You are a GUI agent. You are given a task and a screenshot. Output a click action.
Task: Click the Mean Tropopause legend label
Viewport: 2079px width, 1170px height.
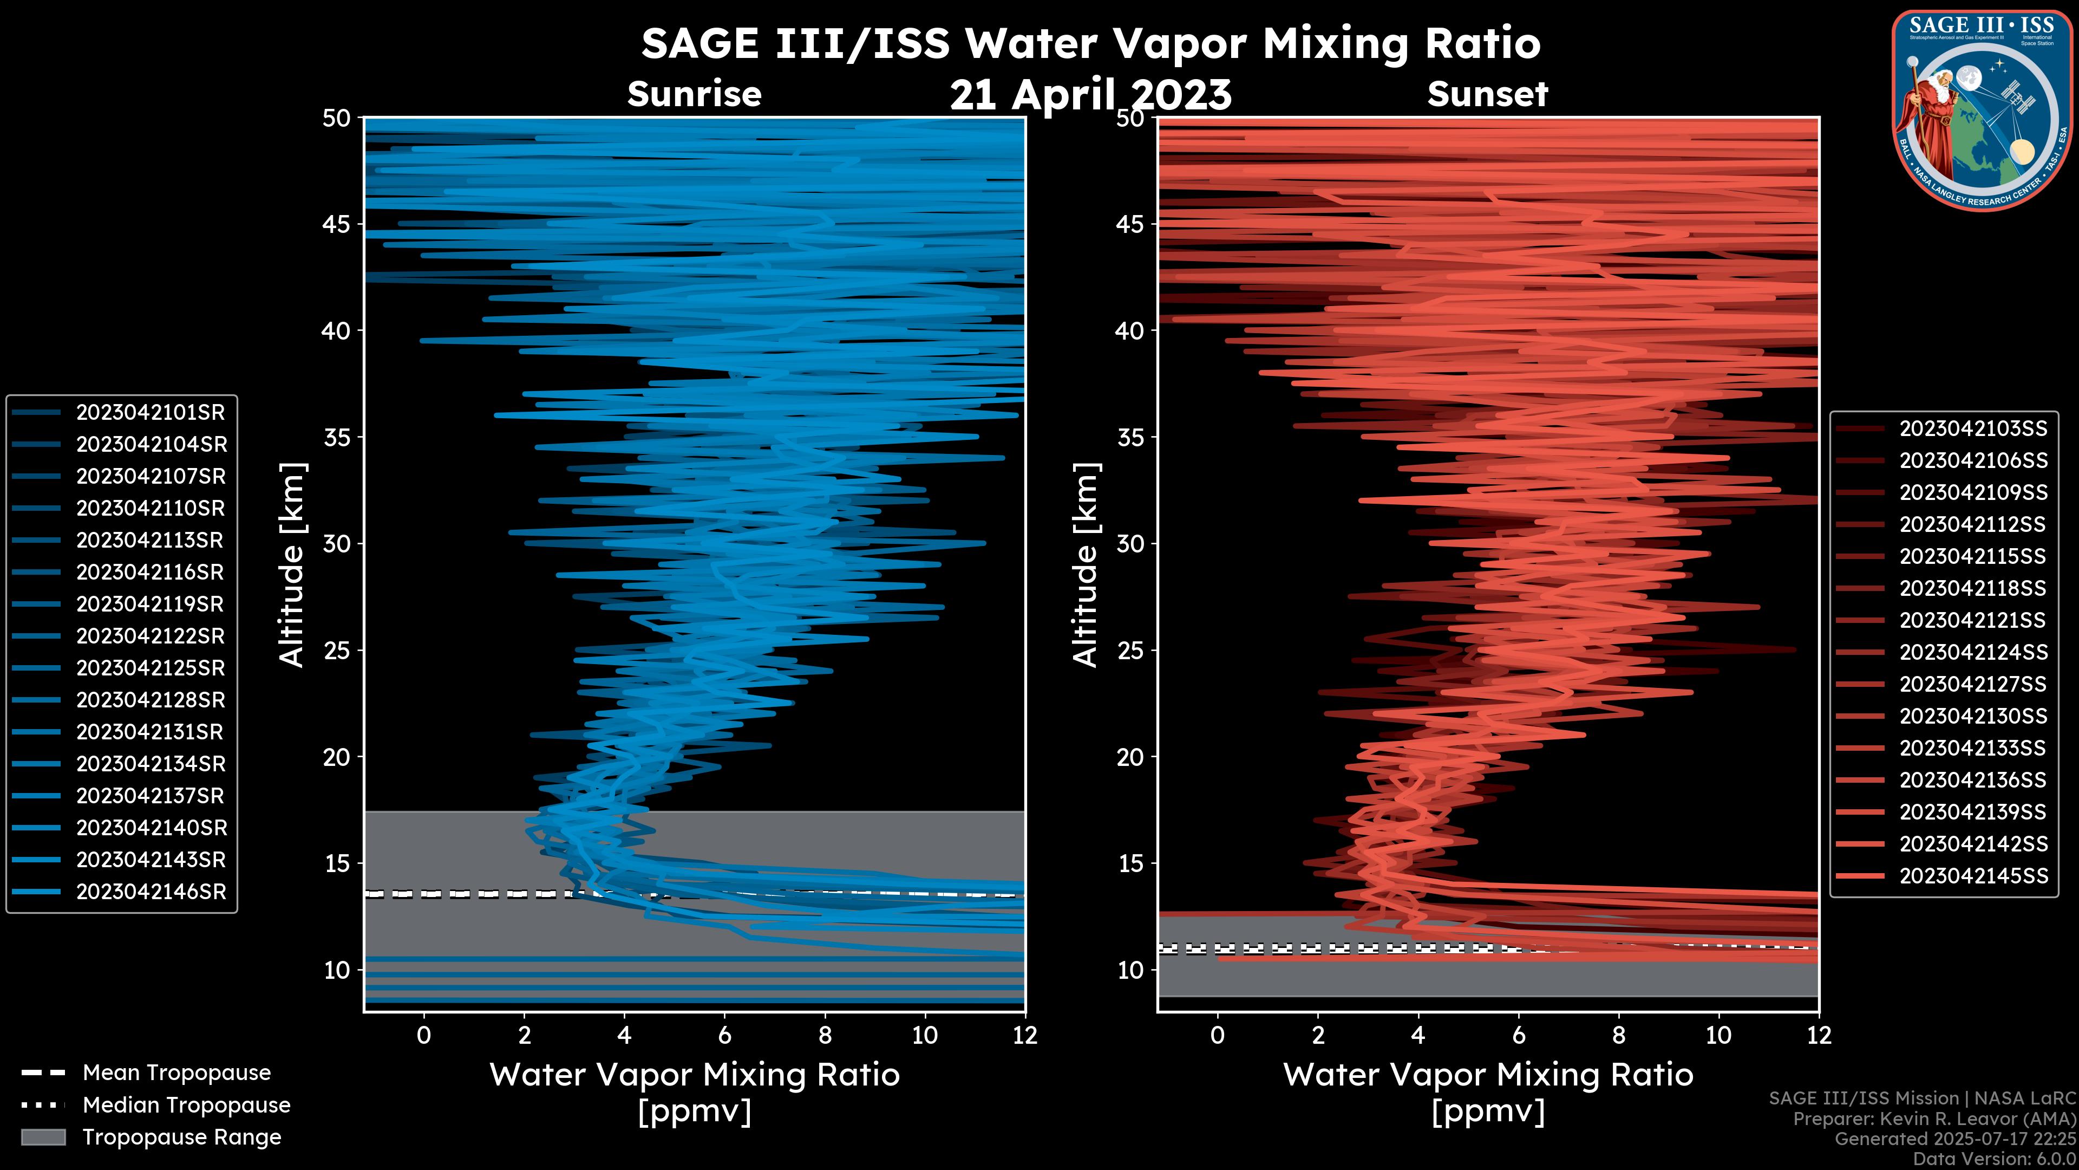pyautogui.click(x=176, y=1073)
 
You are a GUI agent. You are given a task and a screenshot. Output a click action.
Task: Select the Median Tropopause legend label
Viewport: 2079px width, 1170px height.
pyautogui.click(x=186, y=1106)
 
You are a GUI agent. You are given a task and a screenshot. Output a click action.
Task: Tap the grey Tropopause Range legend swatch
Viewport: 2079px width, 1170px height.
pyautogui.click(x=43, y=1137)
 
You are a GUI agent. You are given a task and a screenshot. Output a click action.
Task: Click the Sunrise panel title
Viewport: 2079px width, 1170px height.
pyautogui.click(x=694, y=94)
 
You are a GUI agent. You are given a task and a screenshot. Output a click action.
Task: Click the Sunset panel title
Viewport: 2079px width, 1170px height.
pyautogui.click(x=1487, y=94)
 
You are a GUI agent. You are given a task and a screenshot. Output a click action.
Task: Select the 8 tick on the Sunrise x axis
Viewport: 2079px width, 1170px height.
pyautogui.click(x=825, y=1035)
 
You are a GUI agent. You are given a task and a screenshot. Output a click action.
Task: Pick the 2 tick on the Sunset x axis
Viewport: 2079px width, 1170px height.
pyautogui.click(x=1318, y=1035)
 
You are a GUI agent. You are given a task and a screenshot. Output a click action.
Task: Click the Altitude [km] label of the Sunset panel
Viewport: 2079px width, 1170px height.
pyautogui.click(x=1086, y=564)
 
